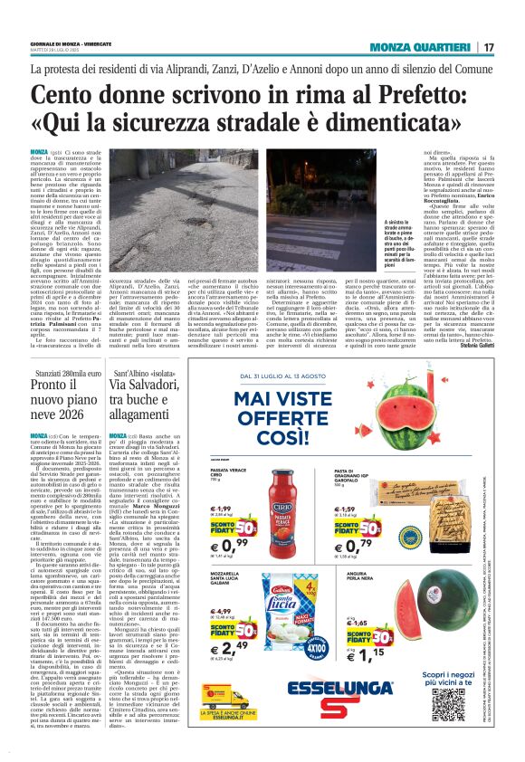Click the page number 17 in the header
489,46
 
